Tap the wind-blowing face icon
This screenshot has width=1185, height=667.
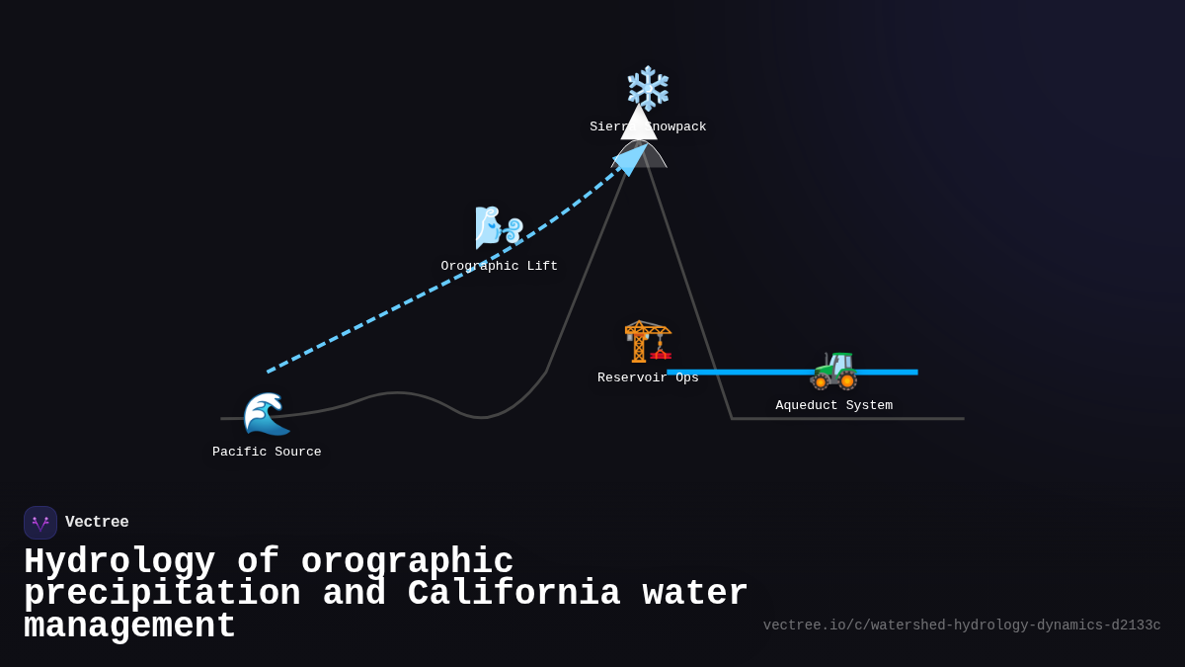tap(499, 227)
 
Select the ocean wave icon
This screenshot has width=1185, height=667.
tap(267, 413)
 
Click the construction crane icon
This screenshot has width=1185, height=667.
tap(648, 341)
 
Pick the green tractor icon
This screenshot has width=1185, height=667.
tap(833, 370)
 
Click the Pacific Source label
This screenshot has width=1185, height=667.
tap(267, 452)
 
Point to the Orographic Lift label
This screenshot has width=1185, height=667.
tap(499, 266)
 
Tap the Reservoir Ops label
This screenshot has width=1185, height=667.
tap(648, 377)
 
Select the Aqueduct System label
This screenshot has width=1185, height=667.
tap(833, 405)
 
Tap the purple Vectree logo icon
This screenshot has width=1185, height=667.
tap(40, 523)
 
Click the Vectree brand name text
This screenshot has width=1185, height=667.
tap(97, 522)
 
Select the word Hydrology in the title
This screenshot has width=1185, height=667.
tap(119, 562)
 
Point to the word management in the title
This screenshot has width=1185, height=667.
tap(129, 626)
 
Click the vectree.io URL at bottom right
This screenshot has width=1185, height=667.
tap(961, 625)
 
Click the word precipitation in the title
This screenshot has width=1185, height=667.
tap(162, 594)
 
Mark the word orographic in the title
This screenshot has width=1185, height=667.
tap(407, 562)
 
